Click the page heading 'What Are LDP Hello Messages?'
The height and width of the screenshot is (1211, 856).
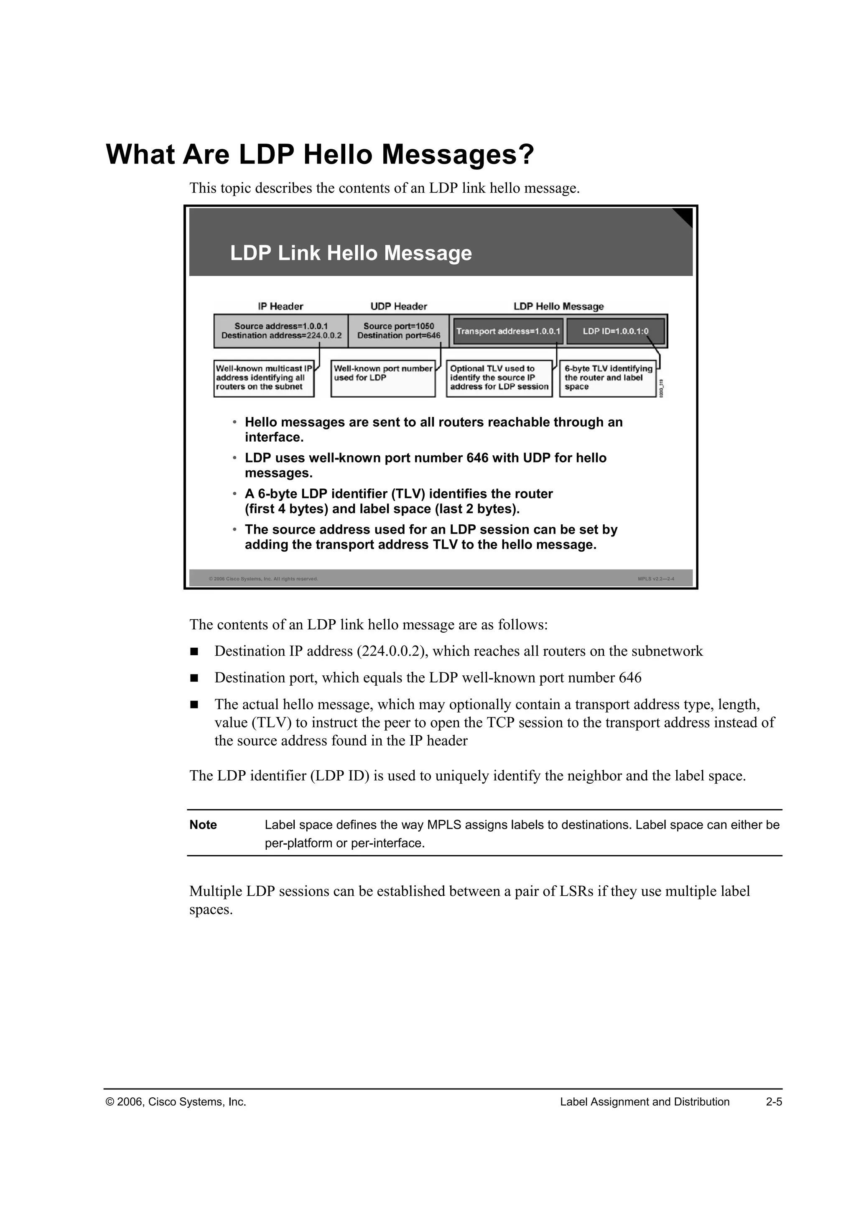pyautogui.click(x=320, y=155)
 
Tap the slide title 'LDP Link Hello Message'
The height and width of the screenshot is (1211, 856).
pyautogui.click(x=351, y=253)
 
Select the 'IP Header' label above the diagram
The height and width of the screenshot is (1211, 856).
pyautogui.click(x=280, y=307)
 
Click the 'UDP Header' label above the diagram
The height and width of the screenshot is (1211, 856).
pyautogui.click(x=398, y=307)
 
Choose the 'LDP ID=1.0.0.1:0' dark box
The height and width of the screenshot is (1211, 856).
pyautogui.click(x=615, y=331)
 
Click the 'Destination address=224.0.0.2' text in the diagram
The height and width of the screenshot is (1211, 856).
pyautogui.click(x=281, y=335)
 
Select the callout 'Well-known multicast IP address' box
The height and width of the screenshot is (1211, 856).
pyautogui.click(x=264, y=378)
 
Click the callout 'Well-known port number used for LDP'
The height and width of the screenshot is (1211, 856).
pyautogui.click(x=383, y=378)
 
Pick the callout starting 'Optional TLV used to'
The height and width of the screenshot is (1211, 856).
pyautogui.click(x=499, y=378)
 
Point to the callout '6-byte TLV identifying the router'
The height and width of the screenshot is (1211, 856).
pyautogui.click(x=608, y=378)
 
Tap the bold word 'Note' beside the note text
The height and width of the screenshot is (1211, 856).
pyautogui.click(x=203, y=825)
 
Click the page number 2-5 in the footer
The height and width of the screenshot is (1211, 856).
pyautogui.click(x=774, y=1102)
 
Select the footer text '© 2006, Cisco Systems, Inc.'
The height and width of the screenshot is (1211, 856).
pyautogui.click(x=176, y=1102)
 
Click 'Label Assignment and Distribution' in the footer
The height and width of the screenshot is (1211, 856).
pyautogui.click(x=644, y=1102)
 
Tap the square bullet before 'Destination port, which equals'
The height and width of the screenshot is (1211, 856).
pyautogui.click(x=194, y=678)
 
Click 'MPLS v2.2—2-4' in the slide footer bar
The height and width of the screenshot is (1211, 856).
pyautogui.click(x=656, y=579)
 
